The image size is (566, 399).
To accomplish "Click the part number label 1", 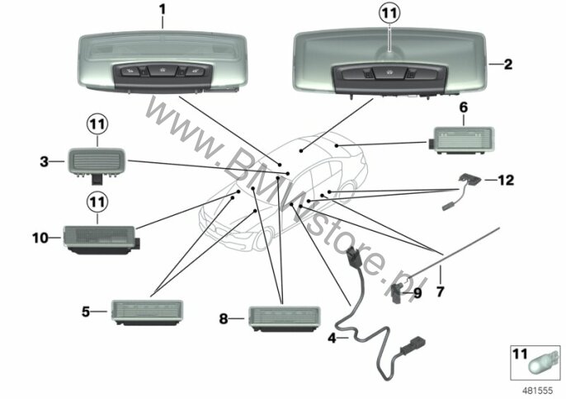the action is [163, 10].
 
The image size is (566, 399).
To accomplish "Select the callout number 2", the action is [508, 64].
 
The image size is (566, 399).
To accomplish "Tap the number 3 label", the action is [44, 162].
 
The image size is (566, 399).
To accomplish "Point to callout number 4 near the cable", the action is [332, 338].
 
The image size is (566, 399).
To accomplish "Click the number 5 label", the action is [86, 312].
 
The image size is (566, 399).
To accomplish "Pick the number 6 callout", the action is [464, 107].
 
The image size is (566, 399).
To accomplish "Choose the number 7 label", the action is [440, 292].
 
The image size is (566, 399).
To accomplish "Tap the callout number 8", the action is [224, 318].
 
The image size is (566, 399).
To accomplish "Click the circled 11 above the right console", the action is [389, 13].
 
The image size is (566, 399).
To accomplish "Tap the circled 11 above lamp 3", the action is [97, 124].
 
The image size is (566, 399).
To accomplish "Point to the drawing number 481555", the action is [537, 391].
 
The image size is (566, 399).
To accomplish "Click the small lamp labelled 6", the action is [462, 140].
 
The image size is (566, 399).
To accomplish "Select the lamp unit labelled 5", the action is [147, 312].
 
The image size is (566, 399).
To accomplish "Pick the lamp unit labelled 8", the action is [285, 319].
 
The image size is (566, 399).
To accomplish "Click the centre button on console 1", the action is [163, 70].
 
